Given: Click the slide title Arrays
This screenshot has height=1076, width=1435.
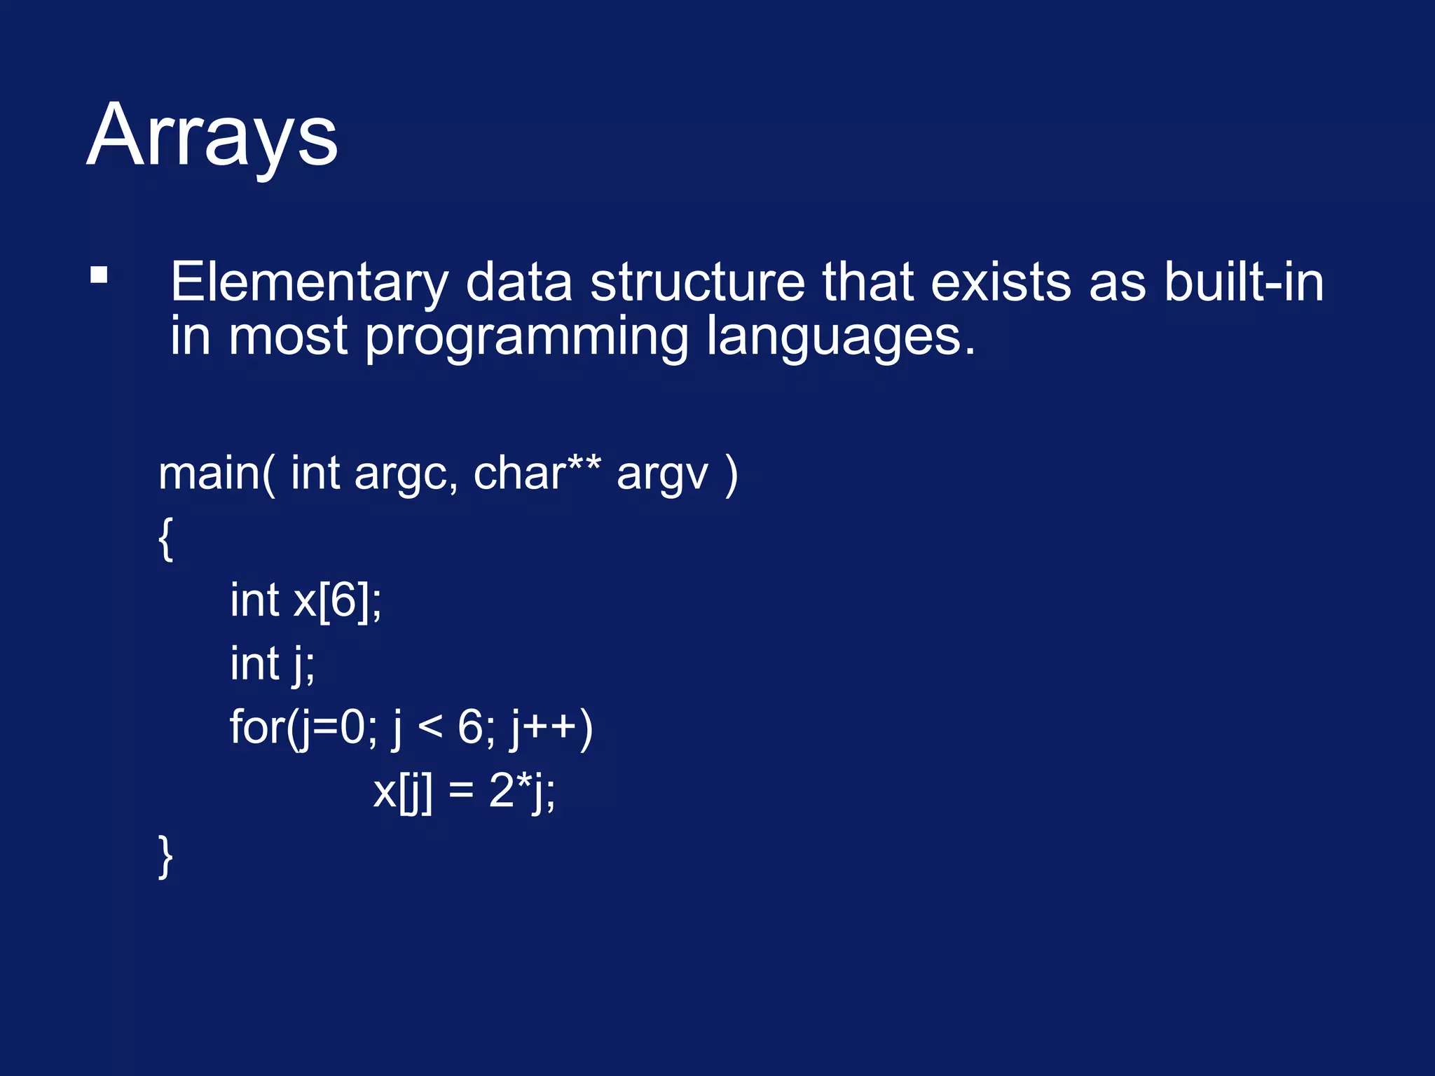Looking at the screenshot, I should tap(212, 134).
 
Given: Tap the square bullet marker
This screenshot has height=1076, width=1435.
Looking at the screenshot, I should tap(99, 275).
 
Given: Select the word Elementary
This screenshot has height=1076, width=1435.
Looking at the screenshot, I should tap(308, 282).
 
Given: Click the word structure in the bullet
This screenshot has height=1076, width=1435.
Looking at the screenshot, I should tap(697, 282).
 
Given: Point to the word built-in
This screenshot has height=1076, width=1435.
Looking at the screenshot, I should tap(1244, 282).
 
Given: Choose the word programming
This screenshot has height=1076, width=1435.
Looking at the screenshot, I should tap(527, 338).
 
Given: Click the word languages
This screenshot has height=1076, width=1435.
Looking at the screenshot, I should tap(839, 338).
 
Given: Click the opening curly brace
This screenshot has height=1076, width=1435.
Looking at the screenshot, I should tap(165, 538).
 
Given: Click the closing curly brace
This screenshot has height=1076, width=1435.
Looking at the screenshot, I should tap(165, 855).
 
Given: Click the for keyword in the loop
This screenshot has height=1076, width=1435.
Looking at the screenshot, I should tap(256, 727).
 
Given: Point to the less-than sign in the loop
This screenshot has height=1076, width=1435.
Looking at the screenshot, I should tap(430, 729).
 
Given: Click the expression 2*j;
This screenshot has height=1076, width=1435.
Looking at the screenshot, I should tap(522, 792).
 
